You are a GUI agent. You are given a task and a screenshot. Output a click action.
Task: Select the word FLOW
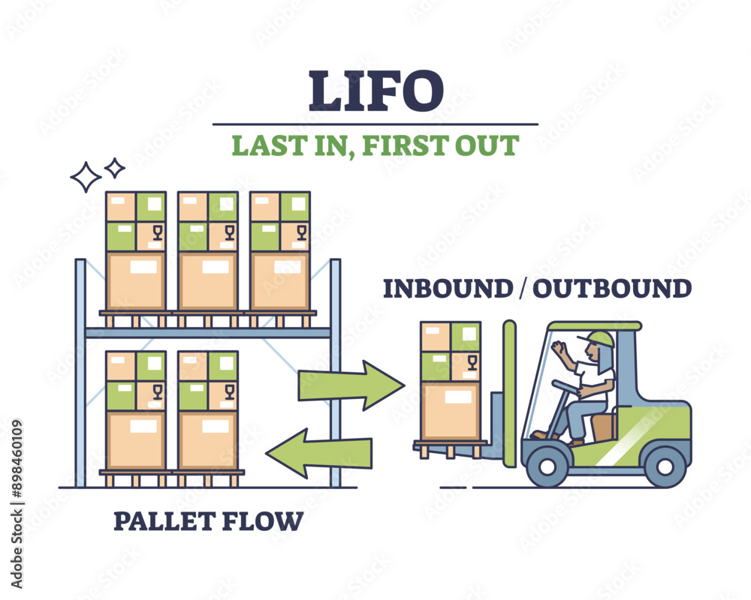(266, 520)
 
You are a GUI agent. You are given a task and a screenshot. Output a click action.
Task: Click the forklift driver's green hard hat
(601, 338)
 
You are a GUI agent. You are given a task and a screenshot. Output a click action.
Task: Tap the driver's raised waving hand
(559, 350)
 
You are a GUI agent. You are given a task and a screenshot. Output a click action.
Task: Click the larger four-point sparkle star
(85, 178)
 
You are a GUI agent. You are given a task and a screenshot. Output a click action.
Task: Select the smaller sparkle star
(114, 168)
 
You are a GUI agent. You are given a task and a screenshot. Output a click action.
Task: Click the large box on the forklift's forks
(451, 410)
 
